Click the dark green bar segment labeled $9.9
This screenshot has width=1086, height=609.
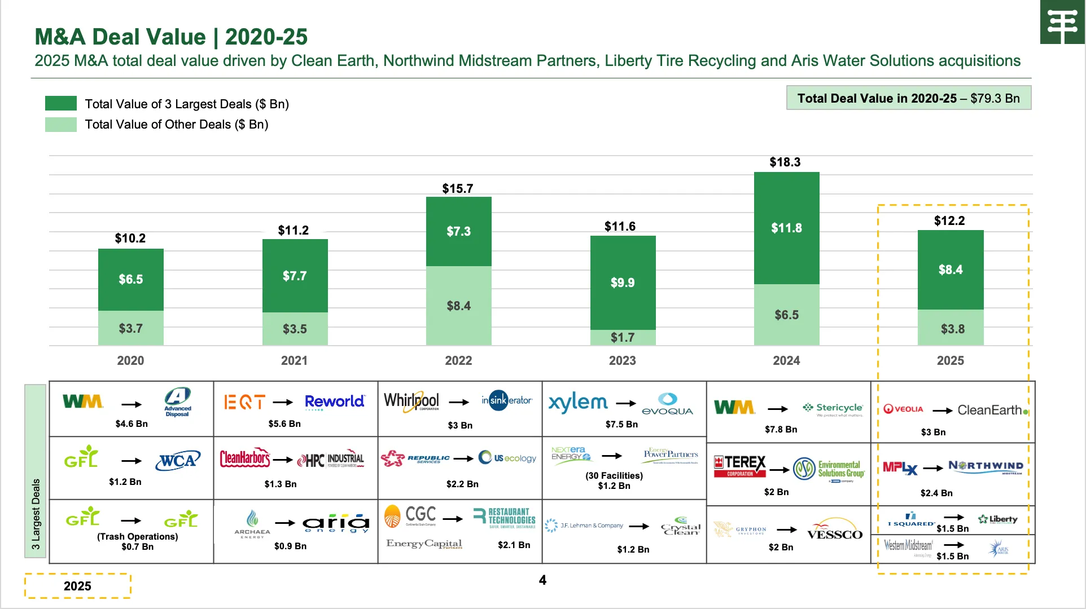pos(623,282)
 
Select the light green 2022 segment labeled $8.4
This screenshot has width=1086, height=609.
pos(458,306)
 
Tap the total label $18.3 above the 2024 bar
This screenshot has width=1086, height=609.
pos(785,162)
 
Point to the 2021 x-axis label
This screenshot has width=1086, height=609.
pos(294,360)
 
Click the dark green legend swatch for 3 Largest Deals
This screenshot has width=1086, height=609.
pos(61,103)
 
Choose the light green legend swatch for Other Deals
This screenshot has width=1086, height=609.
pos(61,124)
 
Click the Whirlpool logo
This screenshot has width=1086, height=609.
pos(411,401)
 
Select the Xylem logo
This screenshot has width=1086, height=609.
pos(578,403)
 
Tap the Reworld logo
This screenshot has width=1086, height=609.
pos(335,401)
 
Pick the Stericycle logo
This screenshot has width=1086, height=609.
pos(833,408)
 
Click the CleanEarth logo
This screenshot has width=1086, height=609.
pos(992,410)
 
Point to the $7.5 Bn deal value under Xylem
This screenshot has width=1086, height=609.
pos(621,424)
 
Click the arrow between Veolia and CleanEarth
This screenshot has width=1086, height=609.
pos(942,411)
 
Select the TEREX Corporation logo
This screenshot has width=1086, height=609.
pos(740,466)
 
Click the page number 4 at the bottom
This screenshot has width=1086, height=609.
pos(542,580)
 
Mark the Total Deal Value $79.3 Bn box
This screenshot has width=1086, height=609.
pos(908,98)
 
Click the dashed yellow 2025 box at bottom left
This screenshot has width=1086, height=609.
pos(77,586)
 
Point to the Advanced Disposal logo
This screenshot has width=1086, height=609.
pos(178,401)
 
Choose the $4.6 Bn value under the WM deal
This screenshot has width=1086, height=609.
pos(132,423)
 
